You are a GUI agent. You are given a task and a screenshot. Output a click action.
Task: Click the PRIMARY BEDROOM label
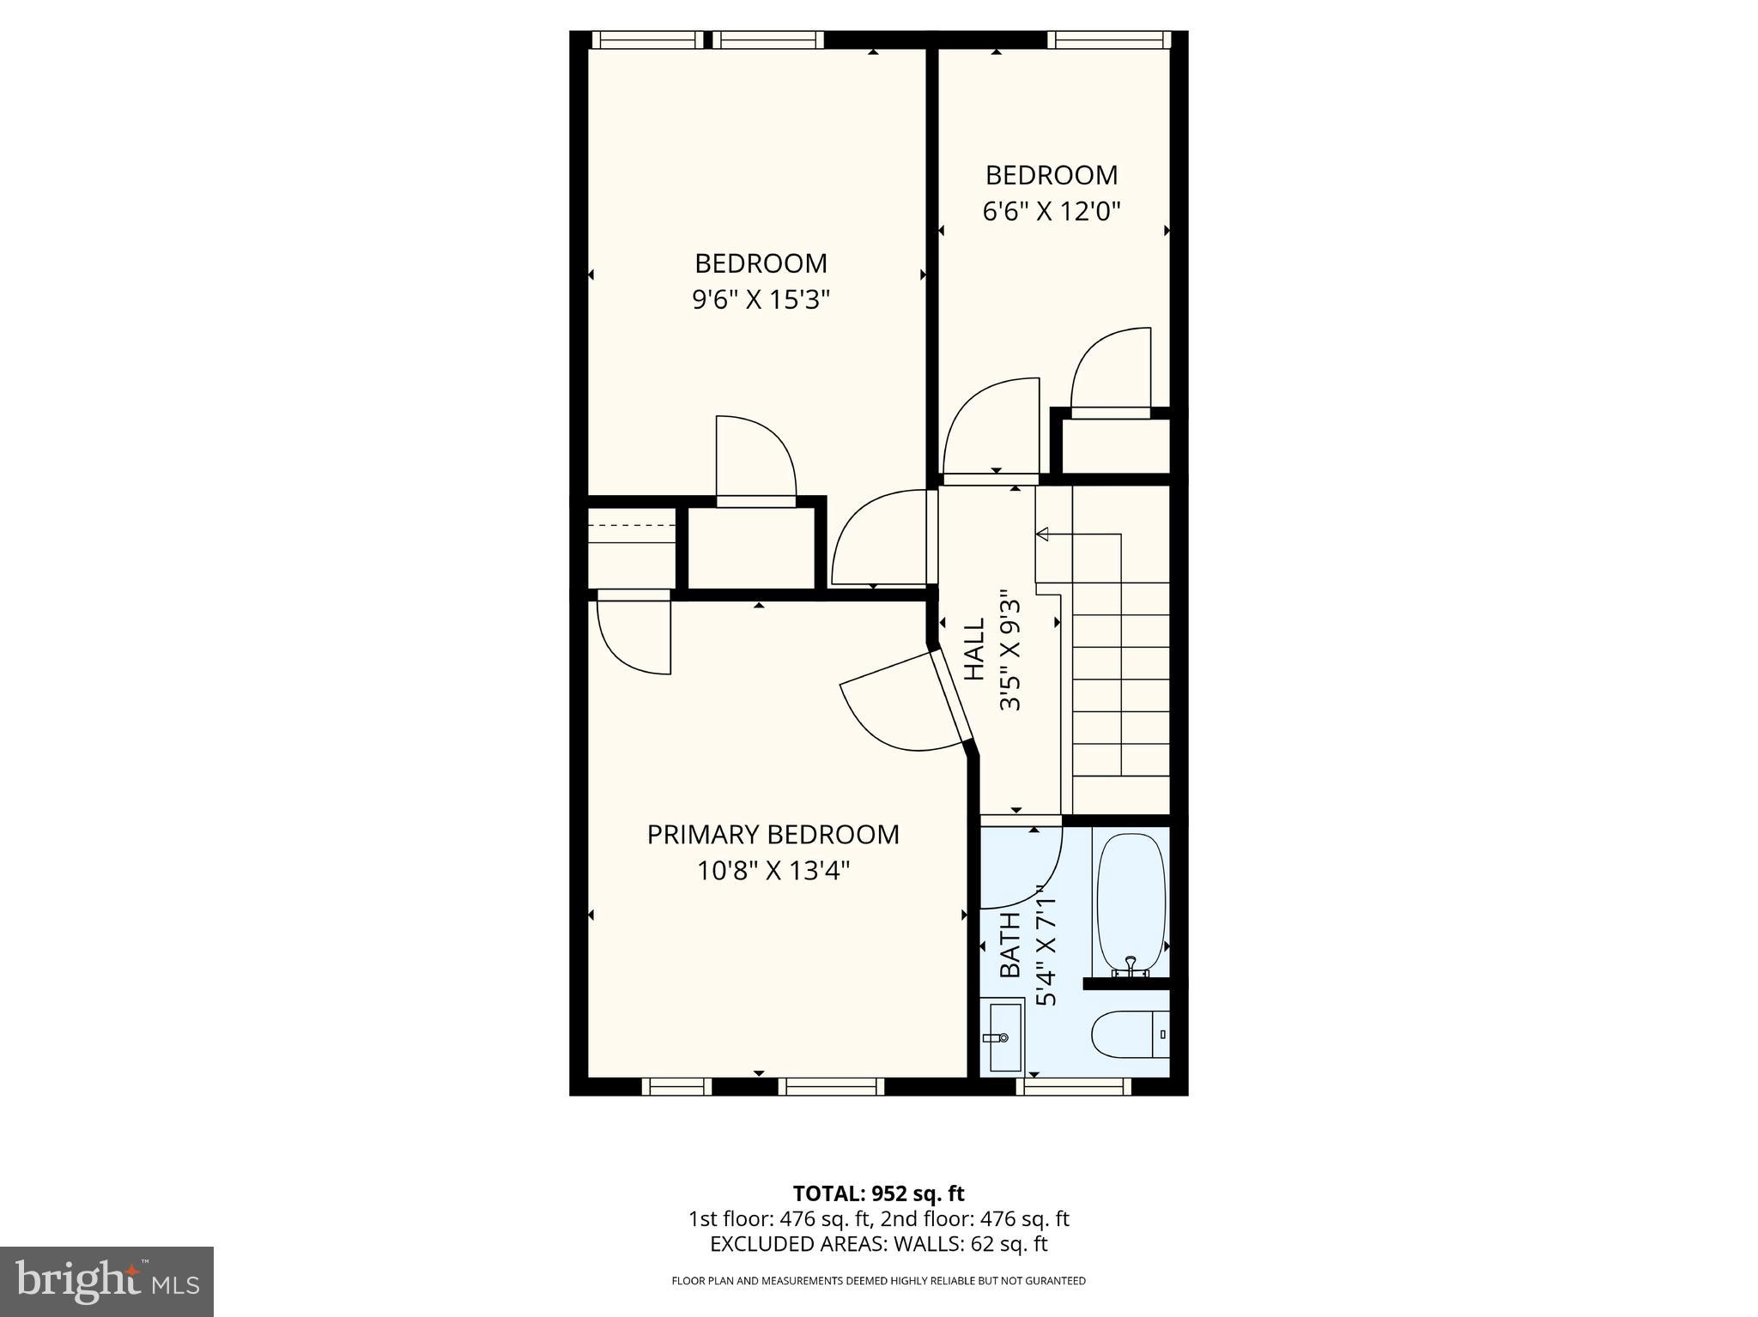click(x=773, y=834)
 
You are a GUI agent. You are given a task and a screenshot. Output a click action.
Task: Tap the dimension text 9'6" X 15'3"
click(x=761, y=300)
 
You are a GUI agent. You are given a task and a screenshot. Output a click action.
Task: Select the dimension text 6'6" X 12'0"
click(x=1052, y=212)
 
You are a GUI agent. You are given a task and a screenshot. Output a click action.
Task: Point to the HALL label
click(x=974, y=650)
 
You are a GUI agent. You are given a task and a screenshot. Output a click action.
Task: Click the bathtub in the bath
click(x=1131, y=901)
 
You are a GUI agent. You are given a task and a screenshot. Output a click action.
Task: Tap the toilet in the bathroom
click(x=1130, y=1035)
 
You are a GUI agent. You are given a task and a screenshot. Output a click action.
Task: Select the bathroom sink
click(x=1004, y=1038)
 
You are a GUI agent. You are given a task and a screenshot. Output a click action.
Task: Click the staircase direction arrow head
click(x=1042, y=535)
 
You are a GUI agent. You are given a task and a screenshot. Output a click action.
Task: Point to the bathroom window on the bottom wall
click(x=1072, y=1086)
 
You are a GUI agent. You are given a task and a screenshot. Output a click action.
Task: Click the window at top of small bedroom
click(x=1108, y=39)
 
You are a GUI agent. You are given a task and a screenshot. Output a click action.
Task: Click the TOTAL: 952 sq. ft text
click(x=878, y=1193)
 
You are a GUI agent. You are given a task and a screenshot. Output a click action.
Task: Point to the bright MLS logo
click(x=106, y=1281)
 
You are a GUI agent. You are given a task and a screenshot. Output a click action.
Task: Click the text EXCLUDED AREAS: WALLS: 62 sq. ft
click(x=878, y=1244)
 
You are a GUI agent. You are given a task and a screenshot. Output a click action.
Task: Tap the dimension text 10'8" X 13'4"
click(x=773, y=872)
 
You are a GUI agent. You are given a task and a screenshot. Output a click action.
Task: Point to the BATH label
click(x=1010, y=944)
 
